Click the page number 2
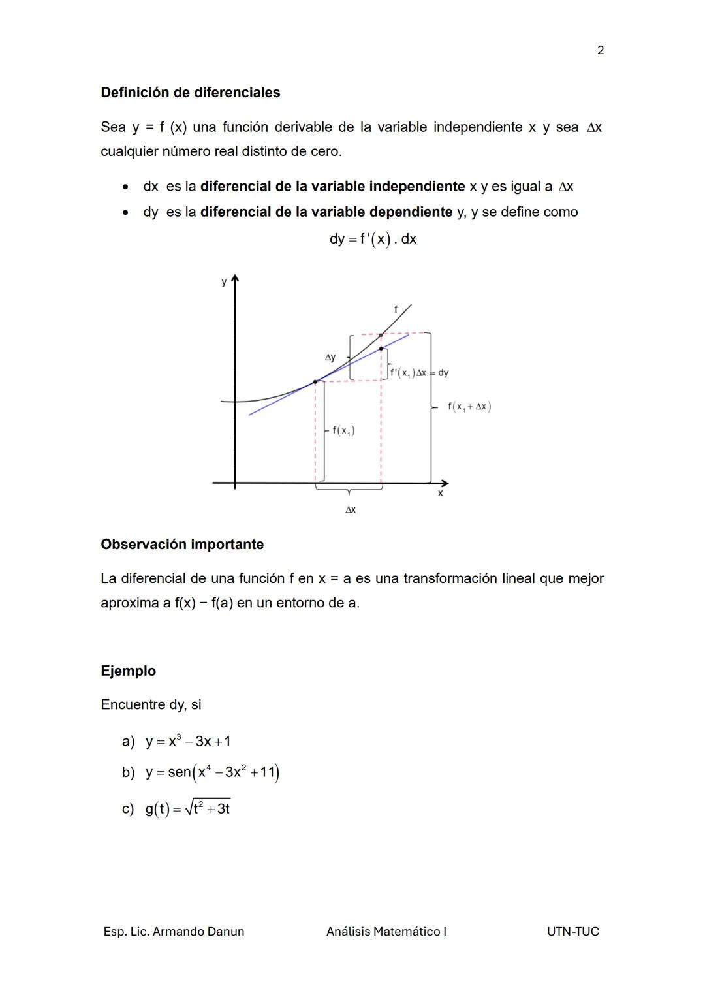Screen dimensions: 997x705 tap(601, 50)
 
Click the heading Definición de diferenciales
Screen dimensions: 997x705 tap(190, 93)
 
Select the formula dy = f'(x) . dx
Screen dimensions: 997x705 tap(373, 239)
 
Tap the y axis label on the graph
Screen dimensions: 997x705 tap(224, 282)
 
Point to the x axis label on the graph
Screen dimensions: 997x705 tap(440, 494)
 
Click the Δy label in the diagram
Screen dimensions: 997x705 tap(330, 357)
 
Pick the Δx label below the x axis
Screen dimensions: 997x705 tap(351, 509)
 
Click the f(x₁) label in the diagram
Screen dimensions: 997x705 tap(343, 430)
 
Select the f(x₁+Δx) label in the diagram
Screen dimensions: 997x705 tap(469, 407)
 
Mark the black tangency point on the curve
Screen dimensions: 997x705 tap(315, 382)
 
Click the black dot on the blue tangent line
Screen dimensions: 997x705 tap(381, 349)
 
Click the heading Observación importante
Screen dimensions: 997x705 tap(182, 545)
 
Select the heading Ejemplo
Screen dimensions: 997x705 tap(128, 671)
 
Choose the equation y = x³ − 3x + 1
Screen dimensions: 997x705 tap(188, 742)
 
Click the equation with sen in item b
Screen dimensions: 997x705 tap(212, 772)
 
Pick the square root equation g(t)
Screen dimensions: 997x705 tap(187, 809)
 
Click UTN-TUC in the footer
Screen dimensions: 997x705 tap(572, 932)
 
